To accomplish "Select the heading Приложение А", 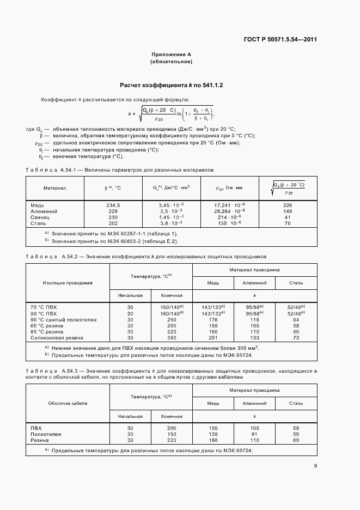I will click(171, 54).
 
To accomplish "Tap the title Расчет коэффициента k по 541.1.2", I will click(172, 86).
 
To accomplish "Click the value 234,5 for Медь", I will click(113, 205).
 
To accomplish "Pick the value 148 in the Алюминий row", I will click(288, 211).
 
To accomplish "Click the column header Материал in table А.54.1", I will click(54, 188).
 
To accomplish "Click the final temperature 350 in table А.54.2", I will click(172, 337).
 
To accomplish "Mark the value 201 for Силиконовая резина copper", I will click(213, 337).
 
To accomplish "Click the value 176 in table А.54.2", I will click(213, 319).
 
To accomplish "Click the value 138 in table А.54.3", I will click(213, 434).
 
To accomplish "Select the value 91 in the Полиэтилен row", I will click(254, 434).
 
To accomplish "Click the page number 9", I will click(315, 465).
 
